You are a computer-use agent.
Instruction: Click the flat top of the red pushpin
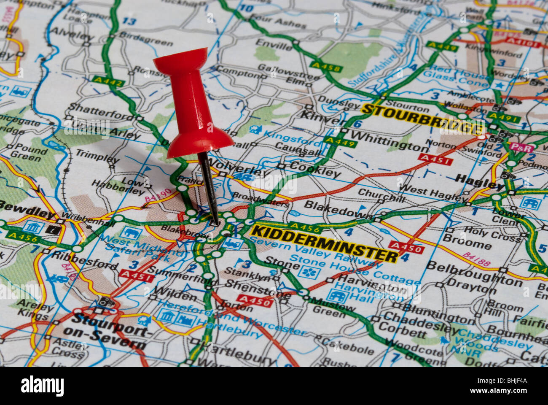point(180,59)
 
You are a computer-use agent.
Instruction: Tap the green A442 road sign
point(108,82)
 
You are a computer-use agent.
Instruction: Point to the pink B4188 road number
point(476,259)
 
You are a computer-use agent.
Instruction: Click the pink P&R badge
point(521,148)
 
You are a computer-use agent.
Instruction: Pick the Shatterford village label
point(99,112)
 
